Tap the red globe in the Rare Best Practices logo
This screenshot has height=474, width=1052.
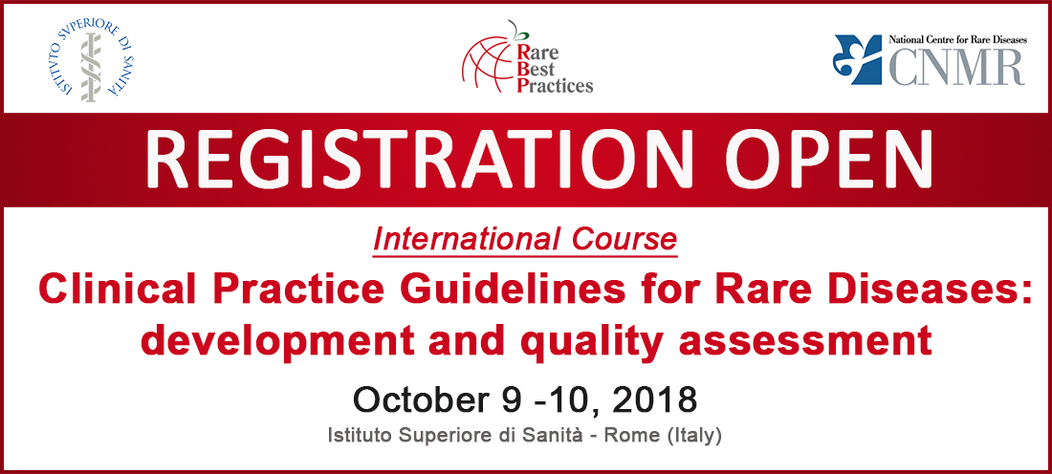point(489,67)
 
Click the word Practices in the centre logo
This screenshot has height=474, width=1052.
point(556,84)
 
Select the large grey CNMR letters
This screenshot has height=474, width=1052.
point(957,66)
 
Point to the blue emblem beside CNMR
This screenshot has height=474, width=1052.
point(858,59)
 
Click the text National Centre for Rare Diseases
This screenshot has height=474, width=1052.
point(957,39)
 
